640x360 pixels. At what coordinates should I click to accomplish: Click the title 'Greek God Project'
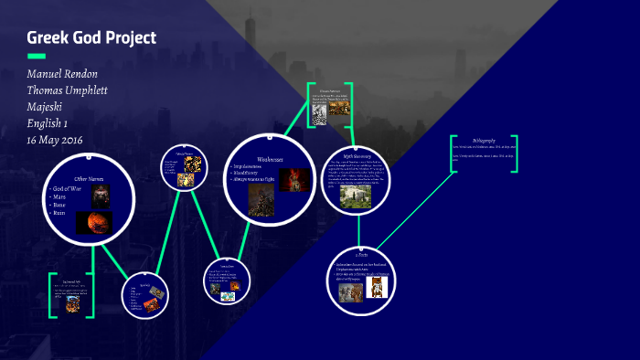pos(91,38)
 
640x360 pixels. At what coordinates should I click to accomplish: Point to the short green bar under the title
pos(37,57)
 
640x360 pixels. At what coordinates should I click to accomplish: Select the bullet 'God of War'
pos(68,188)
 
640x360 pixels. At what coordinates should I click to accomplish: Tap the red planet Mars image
pos(98,222)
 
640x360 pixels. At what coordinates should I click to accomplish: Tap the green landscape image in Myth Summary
pos(354,196)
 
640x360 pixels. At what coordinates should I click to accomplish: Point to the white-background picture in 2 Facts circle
pos(378,288)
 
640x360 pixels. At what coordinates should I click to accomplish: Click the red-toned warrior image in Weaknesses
pos(290,180)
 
